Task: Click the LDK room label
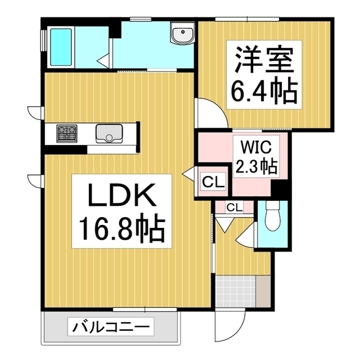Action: [x=120, y=197]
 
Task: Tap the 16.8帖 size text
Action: [x=120, y=229]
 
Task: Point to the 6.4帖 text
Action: [x=262, y=92]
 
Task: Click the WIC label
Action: [x=257, y=149]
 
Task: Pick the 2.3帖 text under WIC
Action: [x=257, y=166]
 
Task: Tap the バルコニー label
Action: [x=111, y=326]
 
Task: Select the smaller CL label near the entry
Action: [x=235, y=207]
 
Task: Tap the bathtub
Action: [x=61, y=47]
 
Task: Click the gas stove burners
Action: [x=67, y=133]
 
